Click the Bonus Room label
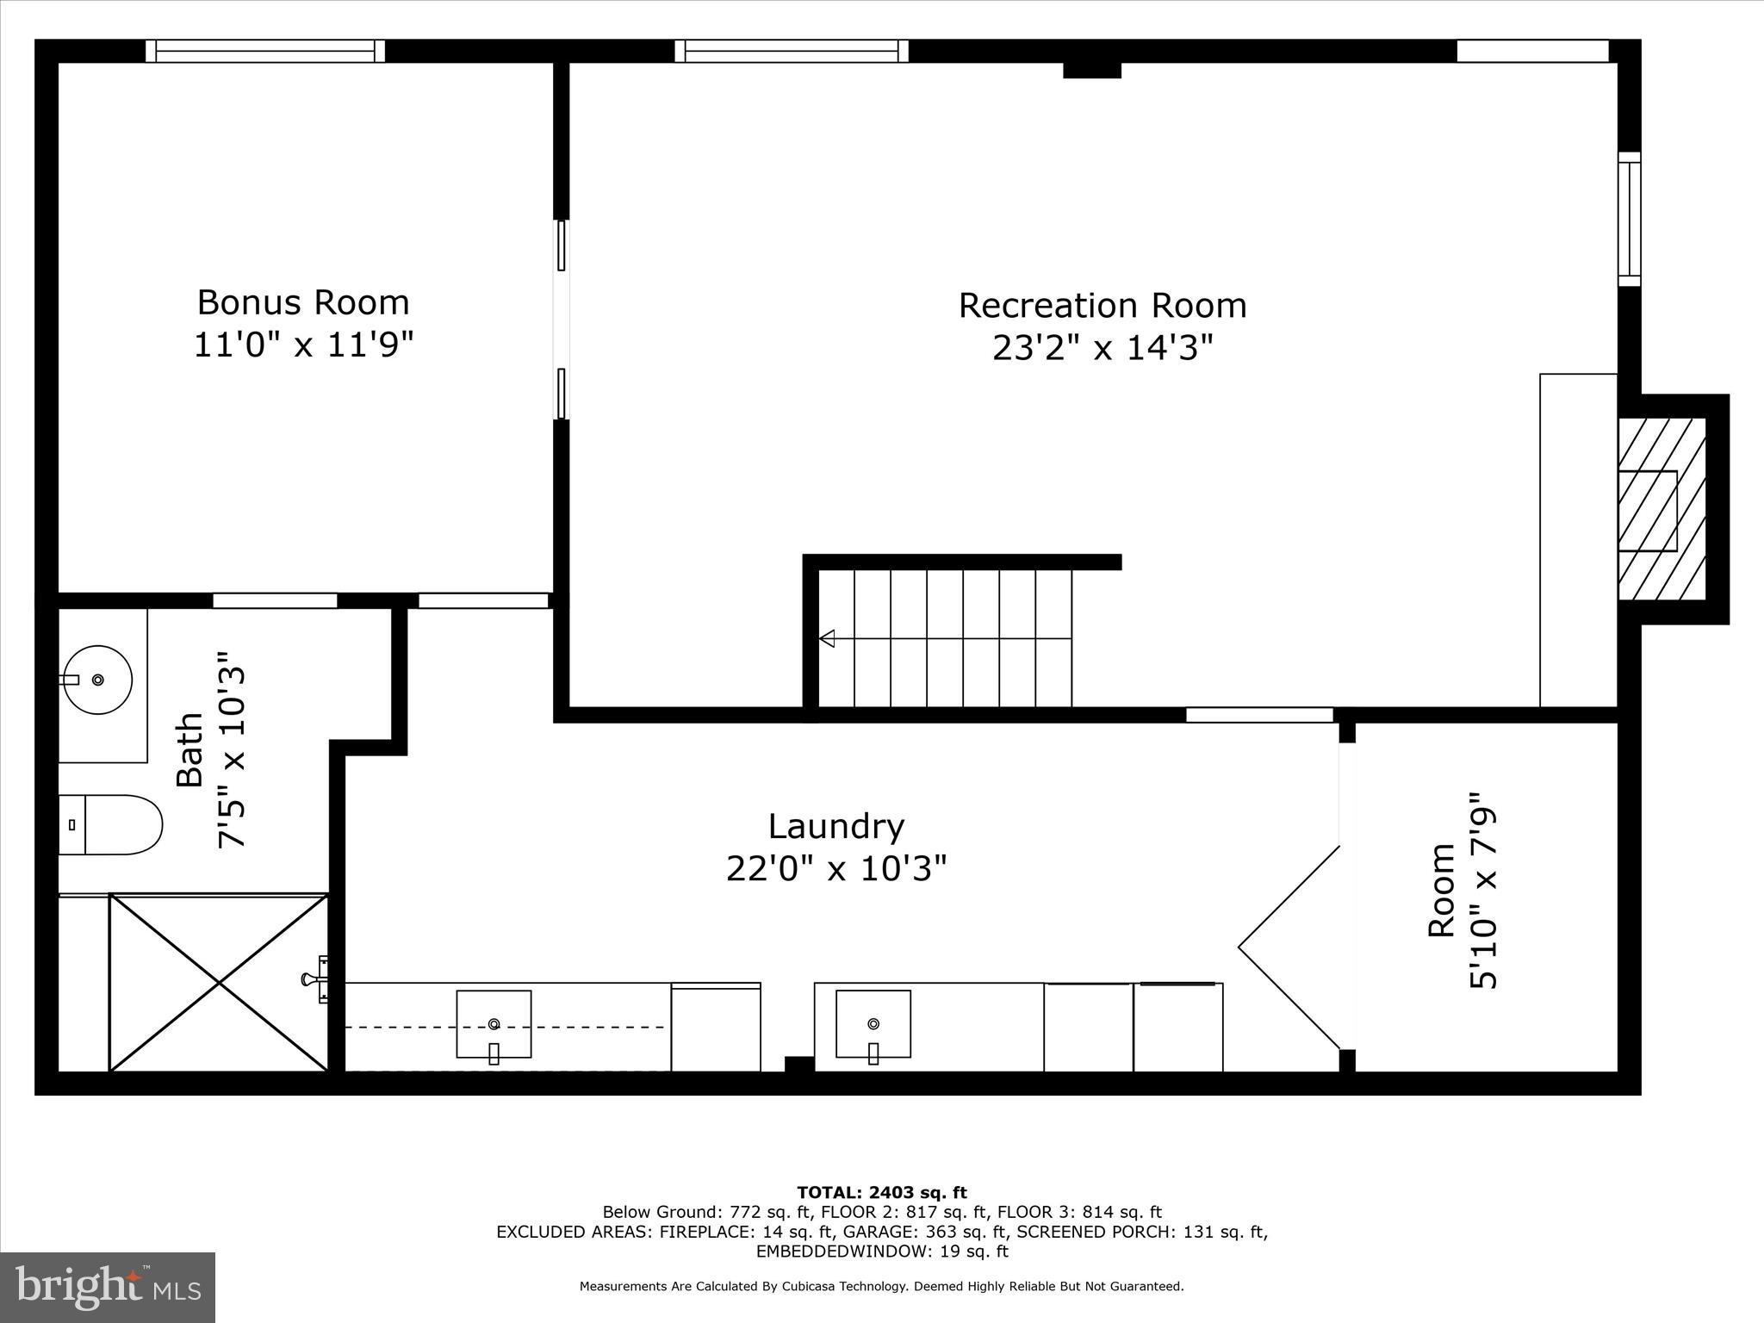tap(303, 303)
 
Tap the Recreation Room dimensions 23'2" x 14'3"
tap(1102, 349)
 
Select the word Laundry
tap(835, 827)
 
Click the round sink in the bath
tap(99, 680)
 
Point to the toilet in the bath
tap(110, 824)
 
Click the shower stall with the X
tap(219, 983)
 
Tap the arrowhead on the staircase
tap(828, 638)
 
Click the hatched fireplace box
tap(1662, 509)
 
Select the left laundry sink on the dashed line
tap(494, 1024)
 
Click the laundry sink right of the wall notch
tap(873, 1023)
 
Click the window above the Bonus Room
tap(265, 52)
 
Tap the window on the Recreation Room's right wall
tap(1629, 219)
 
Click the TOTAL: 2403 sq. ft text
tap(881, 1193)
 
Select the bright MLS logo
tap(108, 1288)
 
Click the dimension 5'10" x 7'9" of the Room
tap(1483, 891)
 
